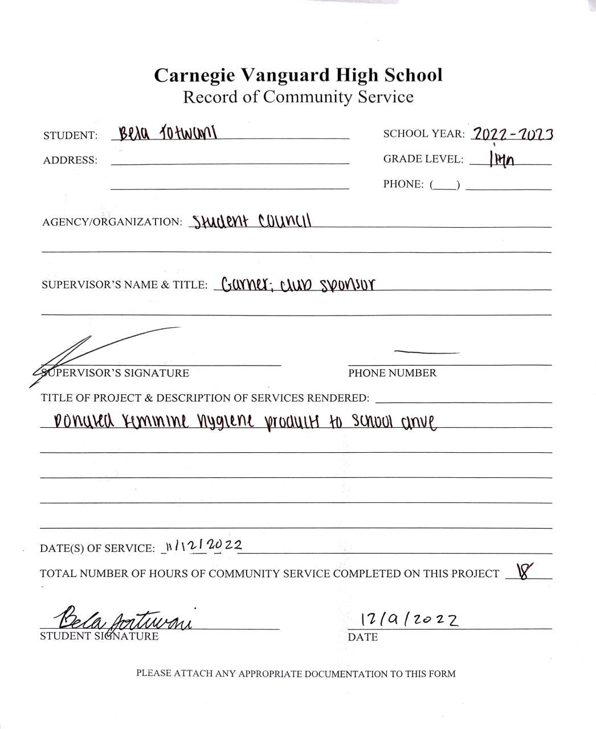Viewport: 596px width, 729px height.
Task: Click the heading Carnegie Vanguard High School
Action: (x=298, y=75)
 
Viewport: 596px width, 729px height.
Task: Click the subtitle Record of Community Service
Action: (x=298, y=97)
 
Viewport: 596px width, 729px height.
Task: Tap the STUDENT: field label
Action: (x=70, y=136)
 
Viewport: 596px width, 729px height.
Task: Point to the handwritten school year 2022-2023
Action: (x=513, y=134)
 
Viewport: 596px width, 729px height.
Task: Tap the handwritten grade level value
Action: (x=501, y=160)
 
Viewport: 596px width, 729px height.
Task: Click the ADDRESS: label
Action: (x=70, y=161)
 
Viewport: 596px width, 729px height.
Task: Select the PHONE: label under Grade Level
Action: (x=403, y=185)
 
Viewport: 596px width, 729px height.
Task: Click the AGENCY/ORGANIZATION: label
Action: (x=112, y=222)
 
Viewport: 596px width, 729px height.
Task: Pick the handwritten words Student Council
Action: (x=252, y=221)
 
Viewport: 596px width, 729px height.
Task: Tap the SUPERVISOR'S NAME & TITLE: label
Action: (x=124, y=285)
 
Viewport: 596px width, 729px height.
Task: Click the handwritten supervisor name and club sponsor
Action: (x=297, y=284)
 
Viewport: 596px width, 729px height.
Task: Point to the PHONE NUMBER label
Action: (x=392, y=373)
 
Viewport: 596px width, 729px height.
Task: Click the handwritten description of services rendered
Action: (x=245, y=421)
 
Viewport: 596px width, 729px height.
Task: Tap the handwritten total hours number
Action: (x=523, y=571)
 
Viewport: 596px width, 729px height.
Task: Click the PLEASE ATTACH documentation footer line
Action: (x=296, y=674)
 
